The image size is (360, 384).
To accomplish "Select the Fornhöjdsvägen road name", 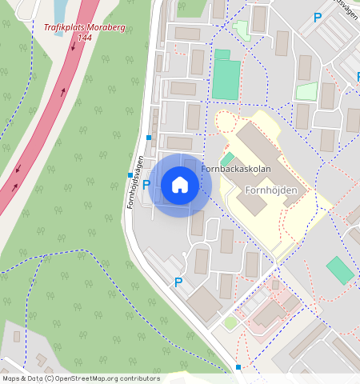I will coord(136,182).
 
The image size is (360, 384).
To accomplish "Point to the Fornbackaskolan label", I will coord(236,170).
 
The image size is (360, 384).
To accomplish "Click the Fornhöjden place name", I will coord(271,190).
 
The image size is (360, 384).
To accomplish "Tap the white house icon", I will coord(180,186).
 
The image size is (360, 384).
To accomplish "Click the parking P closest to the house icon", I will coord(146,185).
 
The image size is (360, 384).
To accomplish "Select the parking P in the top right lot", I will coord(318,18).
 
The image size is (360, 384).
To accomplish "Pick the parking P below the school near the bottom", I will coord(178,282).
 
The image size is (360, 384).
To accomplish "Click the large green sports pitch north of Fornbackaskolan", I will coord(227,79).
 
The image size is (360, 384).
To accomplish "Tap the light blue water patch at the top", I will coord(60,10).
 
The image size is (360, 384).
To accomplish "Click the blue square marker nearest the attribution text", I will coord(238,367).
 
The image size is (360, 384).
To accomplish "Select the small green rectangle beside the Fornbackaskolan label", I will coord(227,158).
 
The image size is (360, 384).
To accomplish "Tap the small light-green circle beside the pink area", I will coord(230,322).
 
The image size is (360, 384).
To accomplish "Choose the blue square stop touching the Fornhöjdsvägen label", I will coord(130,175).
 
